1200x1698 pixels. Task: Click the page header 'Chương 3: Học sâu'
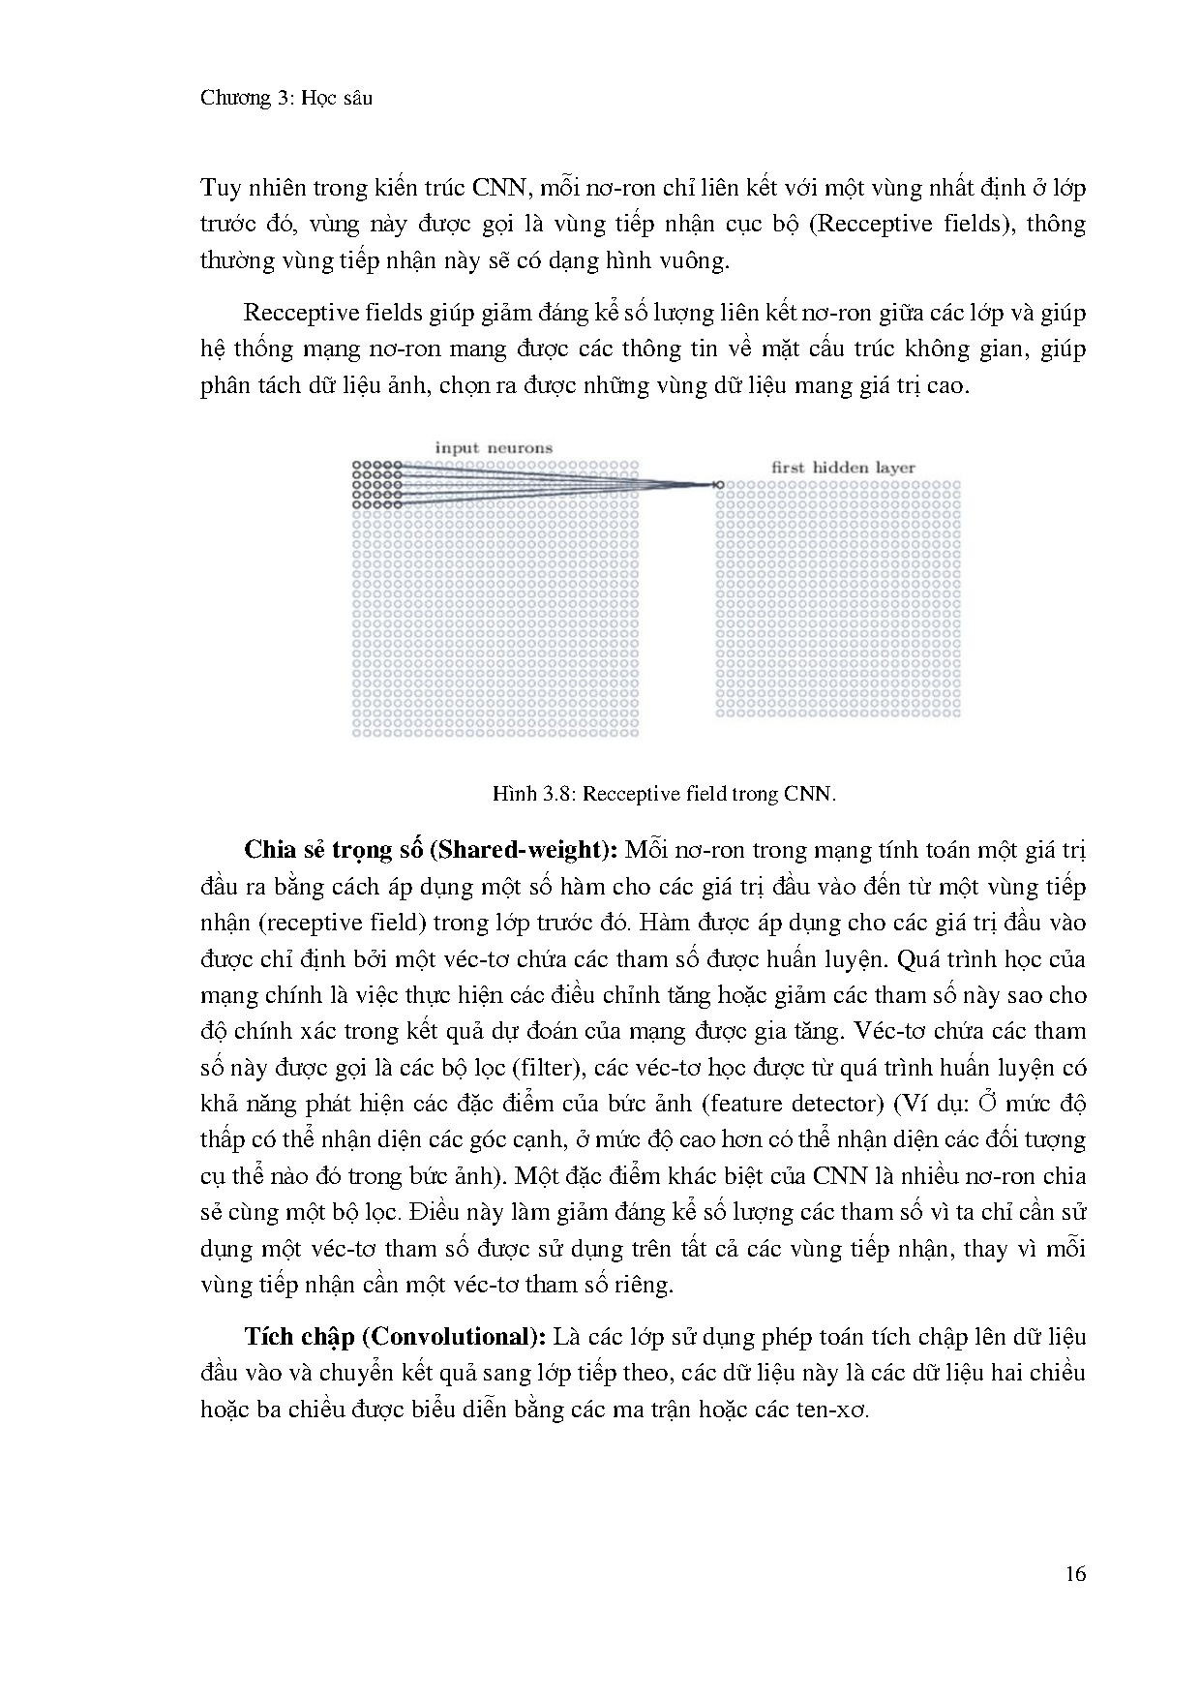click(x=286, y=98)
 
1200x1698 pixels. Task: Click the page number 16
click(x=1075, y=1573)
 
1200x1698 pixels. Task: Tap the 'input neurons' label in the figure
click(x=494, y=448)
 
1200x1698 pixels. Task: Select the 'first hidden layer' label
click(x=843, y=468)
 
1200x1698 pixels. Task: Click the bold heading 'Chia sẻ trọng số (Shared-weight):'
click(x=432, y=850)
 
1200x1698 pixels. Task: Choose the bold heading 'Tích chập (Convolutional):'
click(x=397, y=1337)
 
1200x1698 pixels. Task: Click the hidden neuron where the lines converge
click(x=718, y=484)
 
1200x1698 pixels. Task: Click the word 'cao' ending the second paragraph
click(x=945, y=385)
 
